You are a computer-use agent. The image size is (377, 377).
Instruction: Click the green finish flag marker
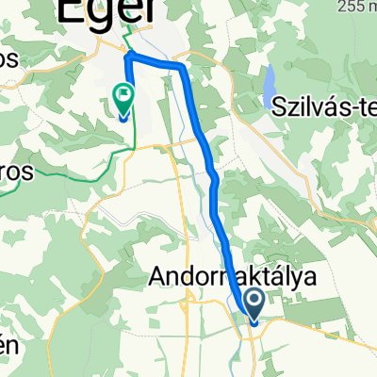tap(123, 98)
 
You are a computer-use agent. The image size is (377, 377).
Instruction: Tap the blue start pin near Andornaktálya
tap(254, 303)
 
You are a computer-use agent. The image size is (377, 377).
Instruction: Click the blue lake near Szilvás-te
tap(271, 83)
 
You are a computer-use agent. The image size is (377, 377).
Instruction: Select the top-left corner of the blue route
tap(128, 58)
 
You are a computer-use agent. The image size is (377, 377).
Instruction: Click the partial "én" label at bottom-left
tap(8, 345)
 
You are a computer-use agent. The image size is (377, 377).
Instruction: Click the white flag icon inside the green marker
tap(123, 94)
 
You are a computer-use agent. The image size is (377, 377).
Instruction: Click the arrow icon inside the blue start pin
tap(254, 301)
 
